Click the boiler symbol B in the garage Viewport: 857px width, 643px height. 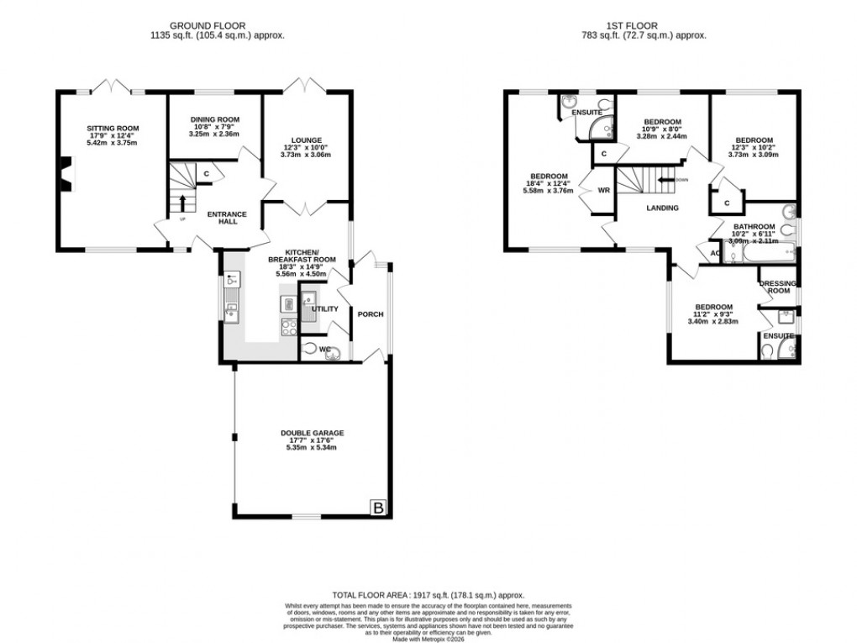(x=378, y=508)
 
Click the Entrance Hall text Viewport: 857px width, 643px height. (x=227, y=219)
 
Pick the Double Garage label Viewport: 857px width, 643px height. (x=312, y=434)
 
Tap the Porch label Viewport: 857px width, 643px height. (x=370, y=314)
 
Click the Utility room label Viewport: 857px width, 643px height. (x=324, y=309)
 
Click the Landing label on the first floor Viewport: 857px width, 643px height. (x=662, y=208)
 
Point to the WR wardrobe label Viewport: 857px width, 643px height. (x=603, y=191)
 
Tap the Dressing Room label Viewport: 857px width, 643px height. (x=777, y=287)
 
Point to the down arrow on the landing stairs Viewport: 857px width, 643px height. (x=666, y=179)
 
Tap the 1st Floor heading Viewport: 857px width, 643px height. (x=644, y=25)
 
